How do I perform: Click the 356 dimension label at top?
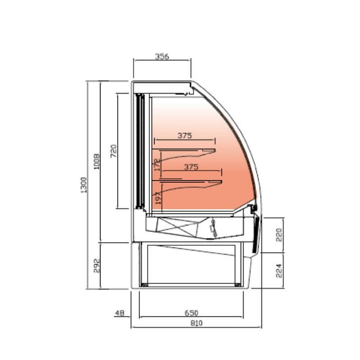162,57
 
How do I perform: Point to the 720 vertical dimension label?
114,150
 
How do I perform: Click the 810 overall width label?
196,322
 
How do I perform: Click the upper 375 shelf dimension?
185,136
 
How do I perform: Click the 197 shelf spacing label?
157,197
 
